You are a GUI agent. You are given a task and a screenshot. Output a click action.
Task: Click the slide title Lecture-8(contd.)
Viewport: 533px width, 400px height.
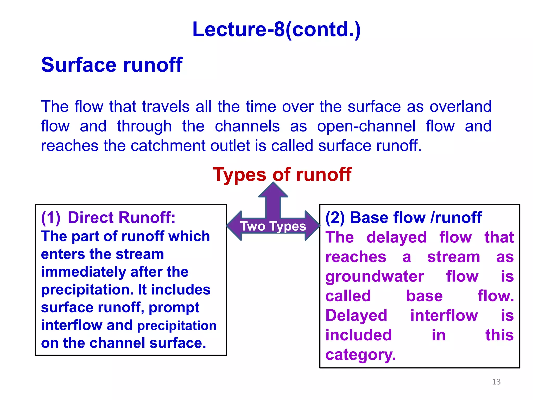(x=276, y=29)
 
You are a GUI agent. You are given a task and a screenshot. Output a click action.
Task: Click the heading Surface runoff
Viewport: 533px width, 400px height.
(x=112, y=65)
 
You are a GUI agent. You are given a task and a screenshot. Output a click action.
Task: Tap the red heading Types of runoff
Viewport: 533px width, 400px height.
(x=282, y=174)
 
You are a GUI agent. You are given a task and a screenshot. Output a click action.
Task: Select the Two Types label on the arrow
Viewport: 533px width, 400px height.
(x=273, y=226)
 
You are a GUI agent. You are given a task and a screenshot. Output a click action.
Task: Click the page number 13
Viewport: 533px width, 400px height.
(x=496, y=382)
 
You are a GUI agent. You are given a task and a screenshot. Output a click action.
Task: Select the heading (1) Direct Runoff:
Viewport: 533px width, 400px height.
(x=108, y=217)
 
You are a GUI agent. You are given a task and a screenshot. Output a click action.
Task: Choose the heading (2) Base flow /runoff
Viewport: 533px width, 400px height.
(x=403, y=217)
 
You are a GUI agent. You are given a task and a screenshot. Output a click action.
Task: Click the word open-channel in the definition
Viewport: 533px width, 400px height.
(x=366, y=126)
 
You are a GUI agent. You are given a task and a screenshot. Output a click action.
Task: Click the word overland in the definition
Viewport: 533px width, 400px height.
(x=460, y=107)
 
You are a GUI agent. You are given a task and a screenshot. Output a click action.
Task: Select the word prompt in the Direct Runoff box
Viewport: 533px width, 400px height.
(x=174, y=308)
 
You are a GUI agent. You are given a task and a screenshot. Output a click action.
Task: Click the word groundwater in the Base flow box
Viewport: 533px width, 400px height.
(x=375, y=277)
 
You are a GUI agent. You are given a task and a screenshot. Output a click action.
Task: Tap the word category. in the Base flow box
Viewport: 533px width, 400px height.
(x=360, y=355)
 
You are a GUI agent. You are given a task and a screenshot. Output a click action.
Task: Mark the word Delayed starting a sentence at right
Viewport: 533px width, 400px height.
(x=356, y=316)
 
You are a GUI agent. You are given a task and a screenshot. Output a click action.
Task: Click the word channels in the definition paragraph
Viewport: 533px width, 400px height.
(x=247, y=126)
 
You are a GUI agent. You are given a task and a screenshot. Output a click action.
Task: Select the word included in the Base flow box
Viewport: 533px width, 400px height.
(x=358, y=335)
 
